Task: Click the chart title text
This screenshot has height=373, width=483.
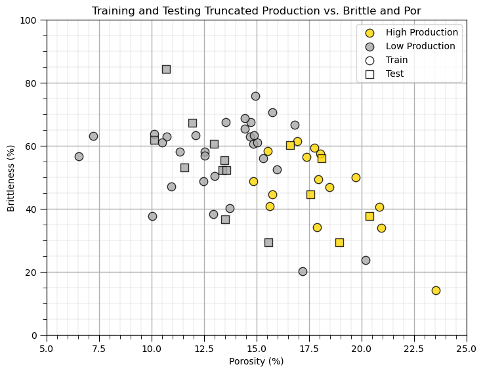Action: pyautogui.click(x=256, y=11)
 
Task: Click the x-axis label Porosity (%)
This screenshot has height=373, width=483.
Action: pyautogui.click(x=256, y=361)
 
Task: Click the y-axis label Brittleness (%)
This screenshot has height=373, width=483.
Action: pyautogui.click(x=10, y=177)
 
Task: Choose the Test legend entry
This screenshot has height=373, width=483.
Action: pyautogui.click(x=394, y=74)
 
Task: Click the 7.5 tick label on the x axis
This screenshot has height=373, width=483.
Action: pyautogui.click(x=99, y=347)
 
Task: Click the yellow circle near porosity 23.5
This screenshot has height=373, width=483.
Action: pyautogui.click(x=436, y=290)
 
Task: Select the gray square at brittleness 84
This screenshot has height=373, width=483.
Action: pyautogui.click(x=166, y=69)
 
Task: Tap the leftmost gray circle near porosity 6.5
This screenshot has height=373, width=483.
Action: pyautogui.click(x=79, y=156)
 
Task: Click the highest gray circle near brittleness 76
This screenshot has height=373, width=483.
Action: pyautogui.click(x=255, y=96)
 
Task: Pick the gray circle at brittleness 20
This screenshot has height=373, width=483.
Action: pyautogui.click(x=303, y=271)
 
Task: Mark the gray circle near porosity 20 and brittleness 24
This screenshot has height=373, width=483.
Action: pyautogui.click(x=366, y=260)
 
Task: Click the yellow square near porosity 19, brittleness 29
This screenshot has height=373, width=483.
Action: pyautogui.click(x=339, y=242)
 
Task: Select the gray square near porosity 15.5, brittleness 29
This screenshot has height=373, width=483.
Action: pyautogui.click(x=268, y=242)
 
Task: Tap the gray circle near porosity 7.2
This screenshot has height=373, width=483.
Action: pyautogui.click(x=93, y=136)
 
